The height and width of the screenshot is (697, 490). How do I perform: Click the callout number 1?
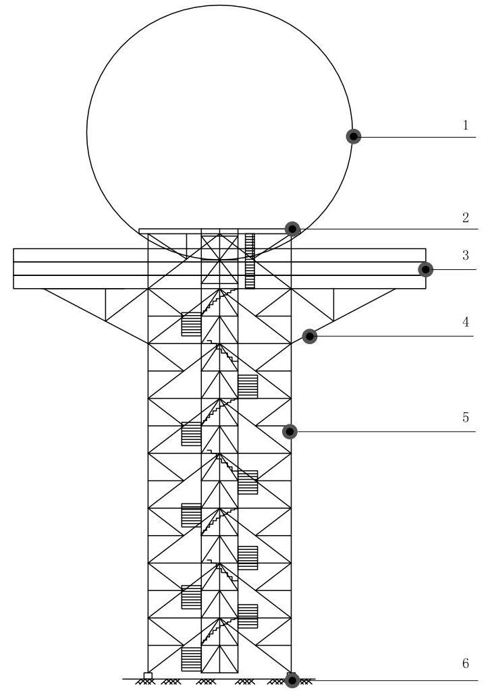coord(466,125)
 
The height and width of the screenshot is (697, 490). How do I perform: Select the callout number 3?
coord(466,256)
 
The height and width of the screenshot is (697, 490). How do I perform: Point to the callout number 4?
coord(466,322)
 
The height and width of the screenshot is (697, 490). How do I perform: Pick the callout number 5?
coord(466,417)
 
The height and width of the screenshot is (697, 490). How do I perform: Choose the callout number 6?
coord(466,663)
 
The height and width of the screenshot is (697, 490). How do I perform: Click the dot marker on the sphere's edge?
coord(354,136)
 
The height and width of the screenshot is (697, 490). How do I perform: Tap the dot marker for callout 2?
coord(292,229)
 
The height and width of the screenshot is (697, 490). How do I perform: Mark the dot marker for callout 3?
coord(425,269)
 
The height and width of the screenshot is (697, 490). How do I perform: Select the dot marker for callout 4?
coord(309,335)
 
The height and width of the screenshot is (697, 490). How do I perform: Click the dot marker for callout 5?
coord(290,431)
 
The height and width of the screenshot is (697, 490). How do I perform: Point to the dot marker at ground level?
coord(292,680)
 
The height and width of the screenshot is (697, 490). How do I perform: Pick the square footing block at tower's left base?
coord(148,675)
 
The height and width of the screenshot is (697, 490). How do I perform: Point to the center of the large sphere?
coord(219,130)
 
